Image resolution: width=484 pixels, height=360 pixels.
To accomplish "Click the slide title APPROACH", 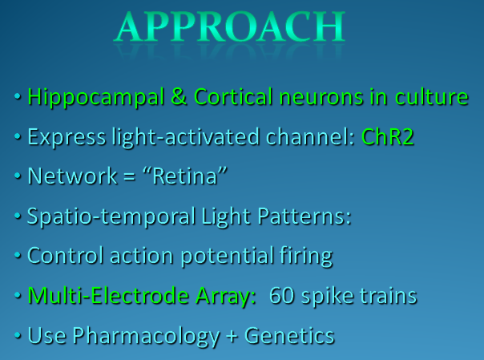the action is point(230,26).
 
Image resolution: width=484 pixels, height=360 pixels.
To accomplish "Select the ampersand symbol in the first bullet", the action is point(179,97).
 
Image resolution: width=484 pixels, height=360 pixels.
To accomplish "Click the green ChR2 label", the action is point(387,137).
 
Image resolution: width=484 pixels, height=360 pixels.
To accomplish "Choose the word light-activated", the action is point(186,137).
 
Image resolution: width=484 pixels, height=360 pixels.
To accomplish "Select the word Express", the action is point(67,138).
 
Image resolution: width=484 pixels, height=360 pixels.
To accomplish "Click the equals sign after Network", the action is point(129,177).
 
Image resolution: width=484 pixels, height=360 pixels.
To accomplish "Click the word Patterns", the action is point(304,216).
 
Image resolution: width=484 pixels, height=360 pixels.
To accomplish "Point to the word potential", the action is point(228,257).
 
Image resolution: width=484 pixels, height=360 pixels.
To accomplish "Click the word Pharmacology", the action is point(147,336).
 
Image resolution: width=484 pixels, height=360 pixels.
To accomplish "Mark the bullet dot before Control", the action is point(18,255).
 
